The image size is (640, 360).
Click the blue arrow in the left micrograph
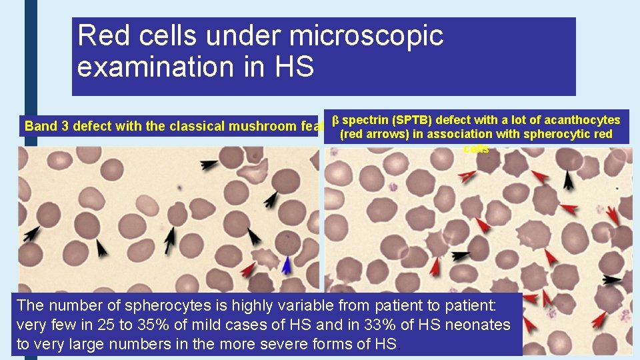(287, 265)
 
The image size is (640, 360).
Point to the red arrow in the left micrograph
(248, 269)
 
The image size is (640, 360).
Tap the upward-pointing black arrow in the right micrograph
(567, 179)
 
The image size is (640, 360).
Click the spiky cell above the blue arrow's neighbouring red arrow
(264, 257)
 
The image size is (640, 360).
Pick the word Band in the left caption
(39, 126)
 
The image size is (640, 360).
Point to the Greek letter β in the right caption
(336, 121)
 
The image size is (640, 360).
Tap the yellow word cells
(476, 149)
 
